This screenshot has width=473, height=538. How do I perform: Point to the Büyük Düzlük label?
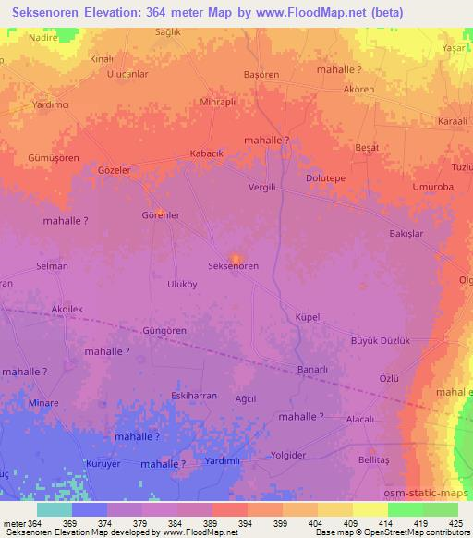[380, 340]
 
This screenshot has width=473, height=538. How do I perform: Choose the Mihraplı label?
[220, 103]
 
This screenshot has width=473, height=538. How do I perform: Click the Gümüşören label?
[32, 158]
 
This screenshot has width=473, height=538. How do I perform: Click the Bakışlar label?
[406, 234]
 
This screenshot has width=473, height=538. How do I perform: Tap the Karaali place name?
[453, 121]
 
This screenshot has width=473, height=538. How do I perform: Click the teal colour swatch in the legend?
[55, 509]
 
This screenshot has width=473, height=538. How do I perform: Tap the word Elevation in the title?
[118, 13]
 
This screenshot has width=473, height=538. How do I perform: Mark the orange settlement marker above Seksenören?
[236, 257]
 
